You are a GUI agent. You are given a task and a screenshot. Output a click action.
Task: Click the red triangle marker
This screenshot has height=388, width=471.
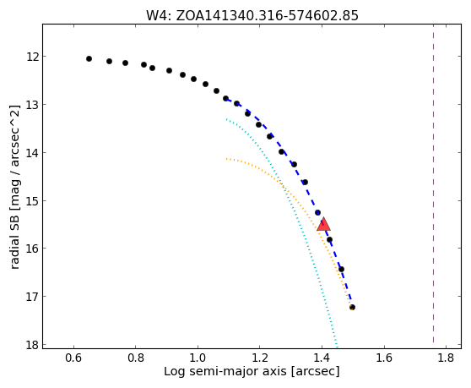pos(323,224)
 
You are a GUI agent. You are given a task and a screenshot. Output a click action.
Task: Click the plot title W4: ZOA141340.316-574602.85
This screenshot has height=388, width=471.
pos(252,16)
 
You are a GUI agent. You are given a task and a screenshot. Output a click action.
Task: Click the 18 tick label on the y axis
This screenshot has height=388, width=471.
pos(32,345)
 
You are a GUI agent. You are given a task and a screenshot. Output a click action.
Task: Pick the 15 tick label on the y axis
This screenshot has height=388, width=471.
pos(32,200)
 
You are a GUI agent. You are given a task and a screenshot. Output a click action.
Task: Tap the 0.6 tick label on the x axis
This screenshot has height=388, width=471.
pos(73,358)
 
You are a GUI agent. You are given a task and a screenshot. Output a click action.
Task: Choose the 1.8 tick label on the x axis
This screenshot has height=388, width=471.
pos(446,358)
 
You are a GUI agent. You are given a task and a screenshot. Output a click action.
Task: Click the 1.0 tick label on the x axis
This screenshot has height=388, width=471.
pos(198,358)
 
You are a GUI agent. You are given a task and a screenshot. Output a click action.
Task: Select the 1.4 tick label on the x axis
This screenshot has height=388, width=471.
pos(322,358)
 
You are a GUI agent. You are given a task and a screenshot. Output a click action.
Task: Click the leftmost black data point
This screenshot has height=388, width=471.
pos(89,58)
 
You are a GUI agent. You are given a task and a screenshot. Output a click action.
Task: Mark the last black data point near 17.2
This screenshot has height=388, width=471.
pos(352,307)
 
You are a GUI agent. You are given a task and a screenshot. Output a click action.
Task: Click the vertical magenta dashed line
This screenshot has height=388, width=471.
pos(433,183)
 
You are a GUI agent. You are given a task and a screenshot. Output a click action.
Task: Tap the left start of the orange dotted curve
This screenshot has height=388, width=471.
pos(227,159)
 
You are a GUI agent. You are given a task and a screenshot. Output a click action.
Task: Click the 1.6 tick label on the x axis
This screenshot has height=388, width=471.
pos(384,358)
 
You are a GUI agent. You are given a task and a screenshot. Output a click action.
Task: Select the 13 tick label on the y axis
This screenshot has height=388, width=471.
pos(32,104)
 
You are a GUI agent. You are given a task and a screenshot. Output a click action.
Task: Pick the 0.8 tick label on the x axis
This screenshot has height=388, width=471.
pos(136,358)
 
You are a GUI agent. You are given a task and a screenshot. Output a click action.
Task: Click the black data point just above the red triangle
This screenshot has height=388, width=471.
pos(318,212)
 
